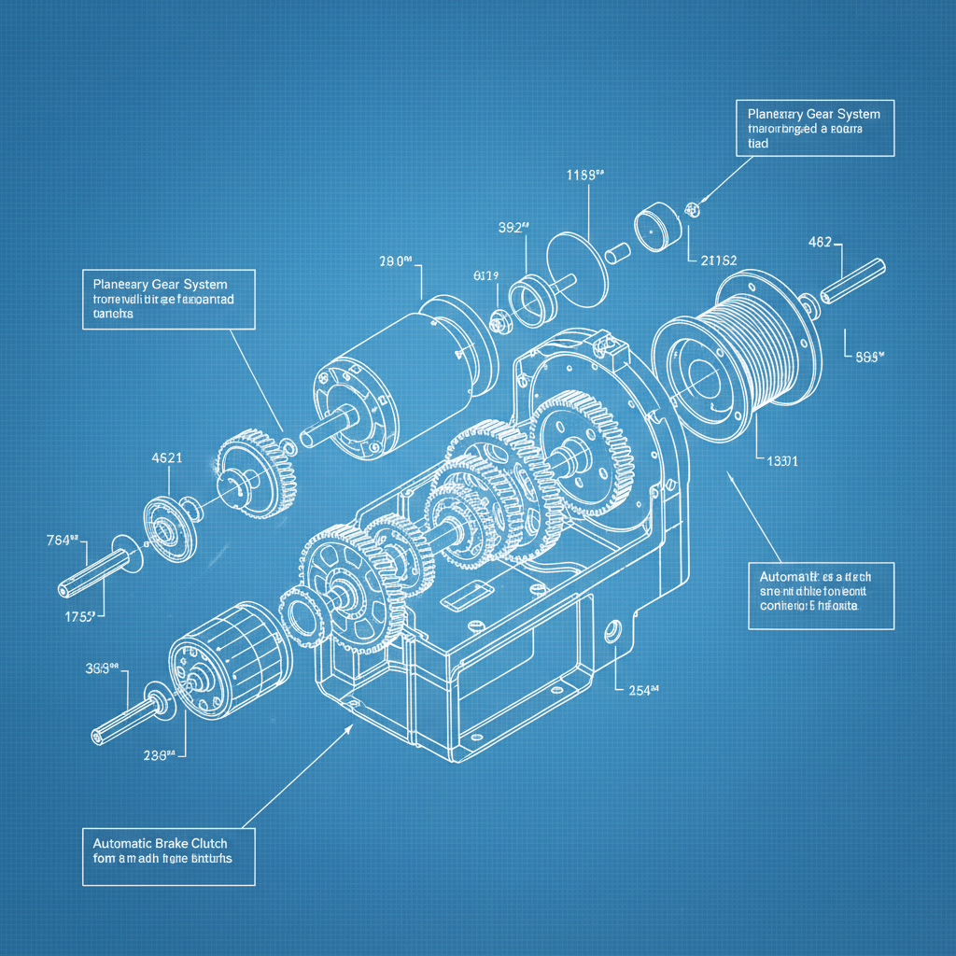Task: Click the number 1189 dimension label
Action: click(x=586, y=174)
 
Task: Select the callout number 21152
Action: click(x=718, y=260)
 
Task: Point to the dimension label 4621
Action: click(x=166, y=458)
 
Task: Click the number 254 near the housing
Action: click(x=643, y=690)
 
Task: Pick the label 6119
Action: click(x=486, y=275)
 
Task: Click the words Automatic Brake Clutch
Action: click(x=154, y=843)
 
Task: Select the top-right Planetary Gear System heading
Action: click(x=808, y=114)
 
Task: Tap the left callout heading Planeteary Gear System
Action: click(x=160, y=284)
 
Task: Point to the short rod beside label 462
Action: click(x=851, y=280)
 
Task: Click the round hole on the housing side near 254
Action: click(x=614, y=630)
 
